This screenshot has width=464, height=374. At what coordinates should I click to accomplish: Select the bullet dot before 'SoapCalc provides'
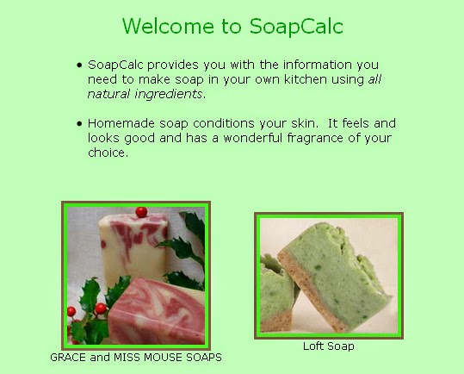(80, 65)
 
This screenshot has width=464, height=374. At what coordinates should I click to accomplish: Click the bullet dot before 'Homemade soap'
(80, 123)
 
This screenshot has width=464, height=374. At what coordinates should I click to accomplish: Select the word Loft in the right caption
(313, 346)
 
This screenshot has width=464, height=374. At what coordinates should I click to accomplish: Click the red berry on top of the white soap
(141, 211)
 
